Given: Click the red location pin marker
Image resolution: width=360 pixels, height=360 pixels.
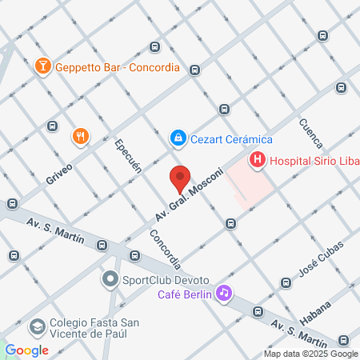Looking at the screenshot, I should pos(180,178).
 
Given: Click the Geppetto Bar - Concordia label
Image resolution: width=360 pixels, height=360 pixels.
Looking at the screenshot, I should pos(117,67).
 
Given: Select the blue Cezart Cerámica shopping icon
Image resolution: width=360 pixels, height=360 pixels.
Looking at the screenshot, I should pos(178,138).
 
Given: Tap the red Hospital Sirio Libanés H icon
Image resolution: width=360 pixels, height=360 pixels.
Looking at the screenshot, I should pos(257,160).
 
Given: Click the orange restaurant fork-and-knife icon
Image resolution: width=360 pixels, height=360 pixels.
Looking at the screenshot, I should pos(80,137).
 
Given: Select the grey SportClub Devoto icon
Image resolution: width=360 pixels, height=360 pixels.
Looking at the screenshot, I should pos(110,280).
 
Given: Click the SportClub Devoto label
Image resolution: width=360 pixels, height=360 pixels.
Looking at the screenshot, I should pos(166,281).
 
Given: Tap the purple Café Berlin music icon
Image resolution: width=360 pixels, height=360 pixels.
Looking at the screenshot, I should pos(225,294).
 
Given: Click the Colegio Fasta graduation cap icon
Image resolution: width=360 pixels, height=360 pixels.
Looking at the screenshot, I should pos(37,326).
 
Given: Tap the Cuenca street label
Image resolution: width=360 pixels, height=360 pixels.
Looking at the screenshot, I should pos(310,134).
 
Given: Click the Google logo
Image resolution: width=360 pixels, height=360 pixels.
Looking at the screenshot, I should pos(26,350).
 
